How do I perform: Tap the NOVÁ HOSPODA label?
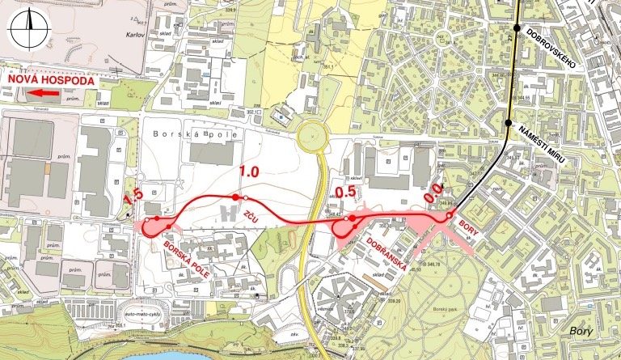pos(50,81)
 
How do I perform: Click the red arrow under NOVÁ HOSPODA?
pos(44,94)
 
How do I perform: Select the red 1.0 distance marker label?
pos(249,172)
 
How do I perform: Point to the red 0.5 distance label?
pos(345,193)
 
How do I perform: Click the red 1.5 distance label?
pos(133,196)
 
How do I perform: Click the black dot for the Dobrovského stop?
pos(517,28)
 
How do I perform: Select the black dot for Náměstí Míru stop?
pos(509,123)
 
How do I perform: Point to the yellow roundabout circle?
pos(312,136)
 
